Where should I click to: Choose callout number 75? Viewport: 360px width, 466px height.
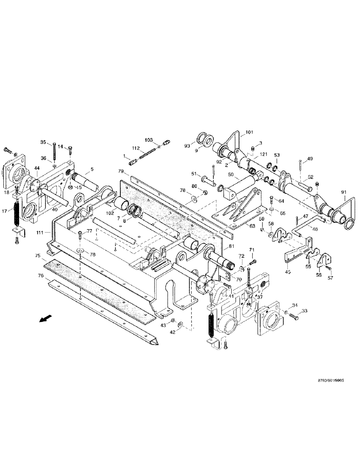[x=37, y=255]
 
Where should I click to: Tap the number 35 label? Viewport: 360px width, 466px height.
[x=43, y=143]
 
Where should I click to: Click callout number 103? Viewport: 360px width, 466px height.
[x=148, y=140]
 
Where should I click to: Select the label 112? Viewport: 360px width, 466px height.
[x=136, y=149]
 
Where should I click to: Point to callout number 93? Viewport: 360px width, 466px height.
[x=187, y=146]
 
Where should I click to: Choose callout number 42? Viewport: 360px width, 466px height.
[x=172, y=332]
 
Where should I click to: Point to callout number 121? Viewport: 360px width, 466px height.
[x=263, y=154]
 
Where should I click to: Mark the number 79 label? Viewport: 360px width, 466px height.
[x=121, y=171]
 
